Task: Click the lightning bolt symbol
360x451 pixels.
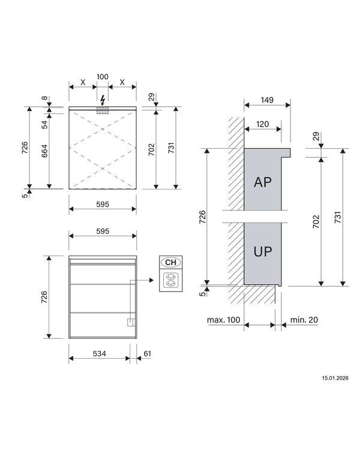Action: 103,100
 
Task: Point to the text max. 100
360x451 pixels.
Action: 224,321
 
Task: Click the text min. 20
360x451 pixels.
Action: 304,321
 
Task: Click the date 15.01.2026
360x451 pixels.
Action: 335,378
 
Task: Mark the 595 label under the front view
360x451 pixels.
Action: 103,204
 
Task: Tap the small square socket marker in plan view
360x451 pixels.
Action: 128,322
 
